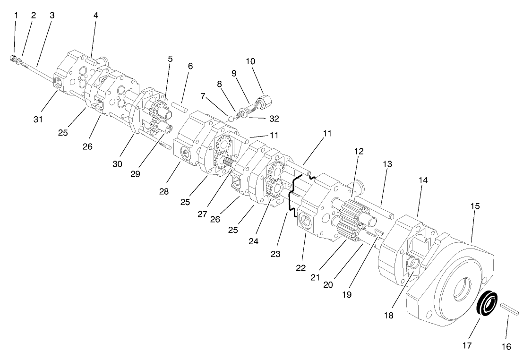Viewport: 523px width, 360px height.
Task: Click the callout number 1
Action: click(16, 15)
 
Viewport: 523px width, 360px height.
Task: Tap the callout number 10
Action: click(250, 61)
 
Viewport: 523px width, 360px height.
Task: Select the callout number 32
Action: click(260, 119)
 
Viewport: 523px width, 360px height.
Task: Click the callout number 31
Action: click(38, 119)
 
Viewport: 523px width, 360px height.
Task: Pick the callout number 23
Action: click(275, 254)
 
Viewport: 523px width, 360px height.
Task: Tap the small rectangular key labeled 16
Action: click(510, 310)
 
